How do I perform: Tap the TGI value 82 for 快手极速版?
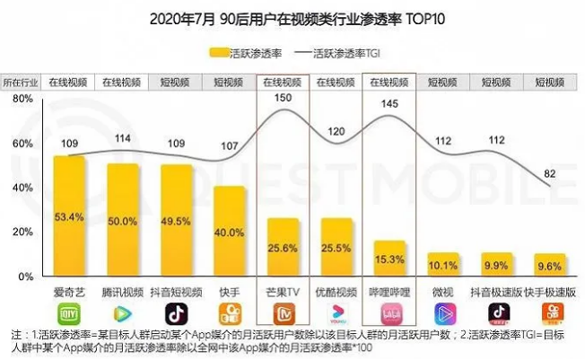coord(549,173)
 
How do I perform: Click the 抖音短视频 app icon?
coord(176,312)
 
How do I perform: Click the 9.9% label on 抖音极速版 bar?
coord(496,266)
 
